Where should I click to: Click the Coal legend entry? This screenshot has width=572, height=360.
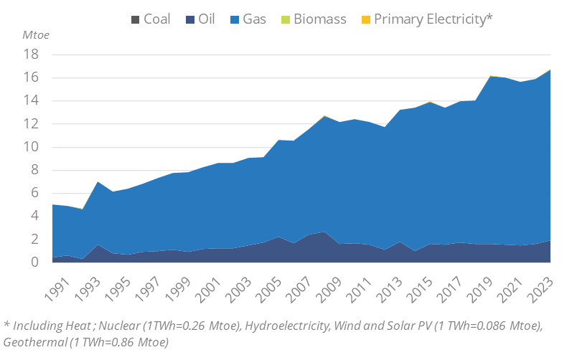(x=150, y=19)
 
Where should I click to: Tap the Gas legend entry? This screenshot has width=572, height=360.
(x=247, y=19)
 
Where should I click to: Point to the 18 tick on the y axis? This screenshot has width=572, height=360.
(x=31, y=55)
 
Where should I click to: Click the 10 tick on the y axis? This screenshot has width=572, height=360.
(x=31, y=147)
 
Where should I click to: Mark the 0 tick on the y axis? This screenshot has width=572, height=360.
(x=34, y=262)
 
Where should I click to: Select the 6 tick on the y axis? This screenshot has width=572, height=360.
(x=34, y=194)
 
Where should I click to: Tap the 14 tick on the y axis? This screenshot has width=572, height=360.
(x=31, y=101)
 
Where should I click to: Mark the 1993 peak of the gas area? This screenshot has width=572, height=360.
(x=98, y=182)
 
